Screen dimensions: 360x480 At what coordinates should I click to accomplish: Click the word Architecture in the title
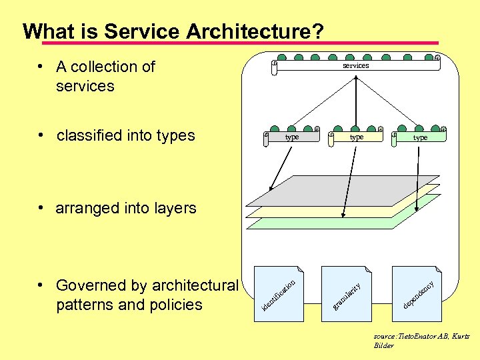coord(240,31)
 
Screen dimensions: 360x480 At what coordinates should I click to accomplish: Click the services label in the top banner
coord(355,65)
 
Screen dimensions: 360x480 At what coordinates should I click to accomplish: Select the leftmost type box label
coord(291,137)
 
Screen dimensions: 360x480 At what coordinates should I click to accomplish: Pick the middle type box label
coord(356,137)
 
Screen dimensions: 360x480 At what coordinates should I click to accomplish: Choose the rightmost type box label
coord(419,137)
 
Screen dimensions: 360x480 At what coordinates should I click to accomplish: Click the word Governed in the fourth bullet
coord(91,285)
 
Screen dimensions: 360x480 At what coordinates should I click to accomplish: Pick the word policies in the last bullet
coord(179,305)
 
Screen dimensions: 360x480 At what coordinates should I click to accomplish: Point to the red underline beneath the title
coord(240,43)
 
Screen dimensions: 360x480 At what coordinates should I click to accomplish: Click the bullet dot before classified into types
coord(41,135)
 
